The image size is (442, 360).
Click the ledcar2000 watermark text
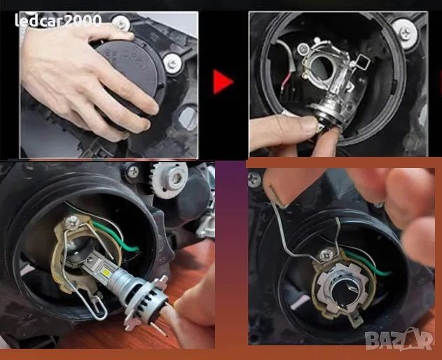pos(58,20)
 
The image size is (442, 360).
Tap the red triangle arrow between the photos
pos(223,82)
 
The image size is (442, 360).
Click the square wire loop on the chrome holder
pos(361,62)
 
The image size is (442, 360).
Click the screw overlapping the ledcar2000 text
pos(121,23)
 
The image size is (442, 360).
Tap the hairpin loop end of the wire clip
pos(99,309)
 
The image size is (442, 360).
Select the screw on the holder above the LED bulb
pos(71,223)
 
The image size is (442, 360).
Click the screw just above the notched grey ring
pos(326,255)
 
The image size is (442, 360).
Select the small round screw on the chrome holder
pos(303,49)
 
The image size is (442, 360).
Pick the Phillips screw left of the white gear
pos(132,171)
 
